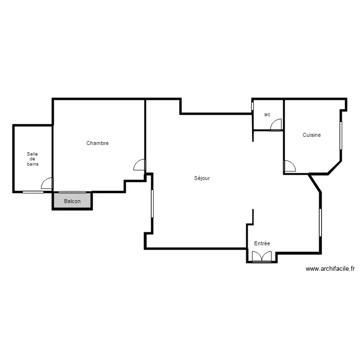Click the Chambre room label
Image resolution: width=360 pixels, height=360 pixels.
(97, 143)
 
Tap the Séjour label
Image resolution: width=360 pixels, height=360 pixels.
(202, 178)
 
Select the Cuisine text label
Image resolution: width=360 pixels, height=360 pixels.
(312, 135)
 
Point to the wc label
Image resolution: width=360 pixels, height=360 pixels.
(267, 115)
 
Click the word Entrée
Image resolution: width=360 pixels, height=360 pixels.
(262, 244)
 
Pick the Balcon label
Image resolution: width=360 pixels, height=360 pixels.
(72, 201)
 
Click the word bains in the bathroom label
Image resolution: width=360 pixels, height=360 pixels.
(33, 164)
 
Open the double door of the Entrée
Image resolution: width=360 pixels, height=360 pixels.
(262, 257)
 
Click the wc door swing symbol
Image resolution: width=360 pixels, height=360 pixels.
(276, 125)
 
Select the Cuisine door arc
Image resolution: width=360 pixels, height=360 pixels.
(290, 167)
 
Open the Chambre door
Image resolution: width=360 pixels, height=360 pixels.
(139, 165)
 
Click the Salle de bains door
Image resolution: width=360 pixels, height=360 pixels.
(47, 184)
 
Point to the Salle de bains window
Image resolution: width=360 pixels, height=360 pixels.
(33, 192)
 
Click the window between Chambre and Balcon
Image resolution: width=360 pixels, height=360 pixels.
(72, 192)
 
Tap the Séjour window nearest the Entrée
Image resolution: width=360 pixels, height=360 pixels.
(320, 223)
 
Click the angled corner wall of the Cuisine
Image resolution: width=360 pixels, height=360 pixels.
(335, 168)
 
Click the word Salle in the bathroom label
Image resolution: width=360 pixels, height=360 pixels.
(32, 154)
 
